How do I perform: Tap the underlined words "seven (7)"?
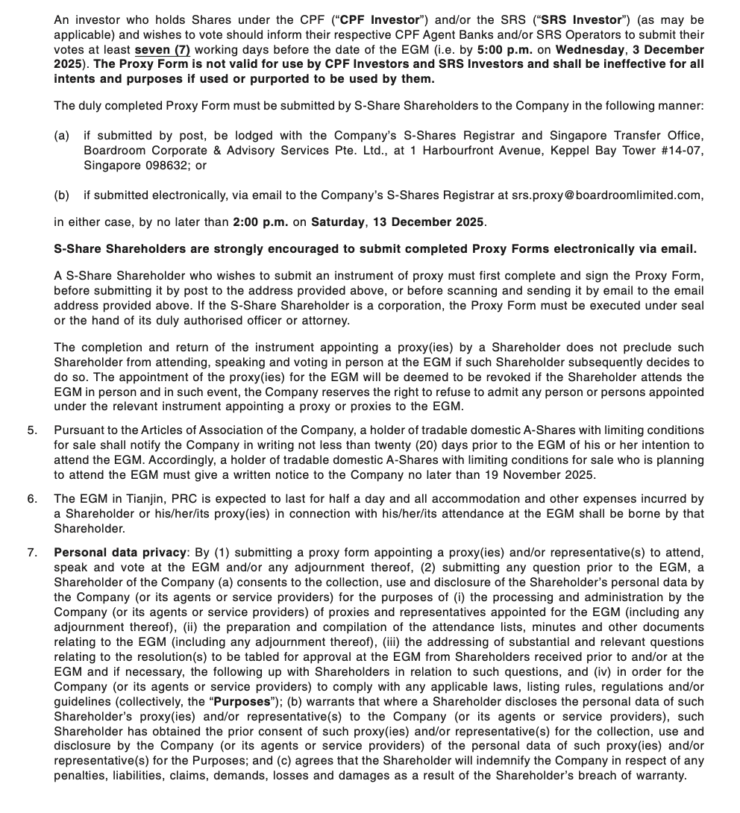163,49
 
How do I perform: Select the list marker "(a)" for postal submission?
62,135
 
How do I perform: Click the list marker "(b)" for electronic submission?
62,195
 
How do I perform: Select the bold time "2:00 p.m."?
260,222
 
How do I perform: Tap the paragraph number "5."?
32,430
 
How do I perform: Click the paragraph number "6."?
32,498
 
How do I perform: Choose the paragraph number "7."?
32,552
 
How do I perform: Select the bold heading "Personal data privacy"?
120,552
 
